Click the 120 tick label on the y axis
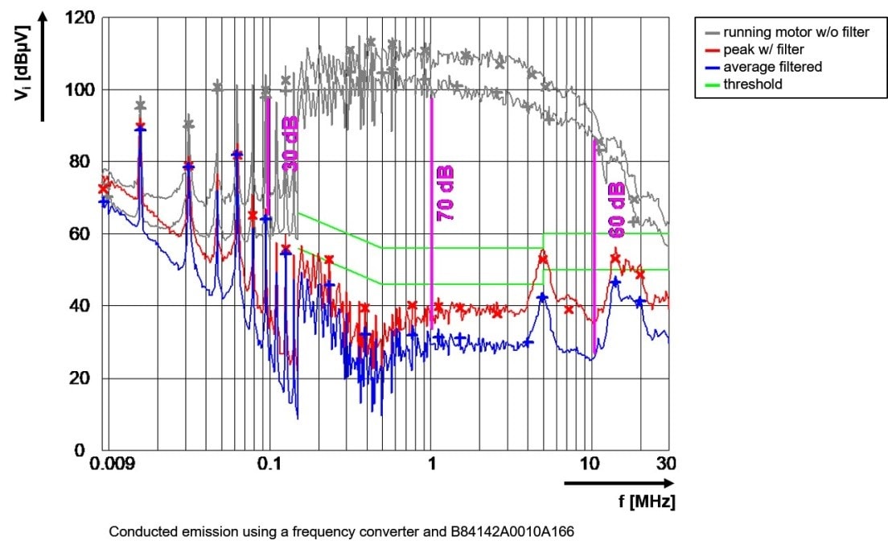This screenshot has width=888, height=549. (x=80, y=18)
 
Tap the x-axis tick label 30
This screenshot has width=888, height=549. (x=667, y=464)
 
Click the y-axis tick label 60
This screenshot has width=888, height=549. (x=85, y=234)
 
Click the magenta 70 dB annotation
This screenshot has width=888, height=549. (x=445, y=194)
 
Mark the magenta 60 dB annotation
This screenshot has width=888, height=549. (x=616, y=210)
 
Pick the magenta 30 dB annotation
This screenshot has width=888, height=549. (x=290, y=143)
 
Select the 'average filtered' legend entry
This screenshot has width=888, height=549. (x=772, y=67)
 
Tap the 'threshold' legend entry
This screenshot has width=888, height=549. (x=752, y=84)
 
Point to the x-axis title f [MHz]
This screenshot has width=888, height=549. (x=647, y=502)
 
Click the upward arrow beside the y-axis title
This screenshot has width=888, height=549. (x=43, y=64)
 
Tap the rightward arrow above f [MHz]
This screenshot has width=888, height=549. (x=619, y=483)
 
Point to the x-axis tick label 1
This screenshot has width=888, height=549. (x=432, y=464)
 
